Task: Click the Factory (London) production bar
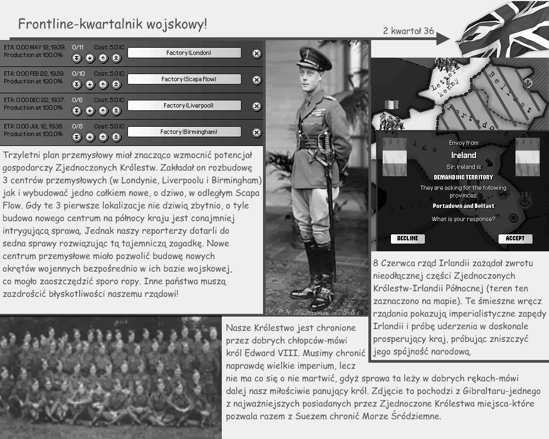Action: pos(184,53)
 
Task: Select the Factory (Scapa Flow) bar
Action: pos(184,79)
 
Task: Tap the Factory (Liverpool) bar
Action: pos(184,105)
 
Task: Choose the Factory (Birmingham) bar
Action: pos(184,132)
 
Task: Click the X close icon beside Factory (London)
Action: pos(256,53)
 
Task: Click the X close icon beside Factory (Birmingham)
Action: pos(256,132)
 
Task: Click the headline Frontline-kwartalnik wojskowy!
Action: pos(113,24)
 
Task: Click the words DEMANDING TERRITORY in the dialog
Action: pos(463,177)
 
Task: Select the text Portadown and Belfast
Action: pos(463,206)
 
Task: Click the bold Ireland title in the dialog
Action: pos(464,155)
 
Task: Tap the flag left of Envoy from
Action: pos(394,157)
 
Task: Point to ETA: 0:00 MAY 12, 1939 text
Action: pos(34,47)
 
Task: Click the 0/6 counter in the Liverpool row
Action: pos(77,99)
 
